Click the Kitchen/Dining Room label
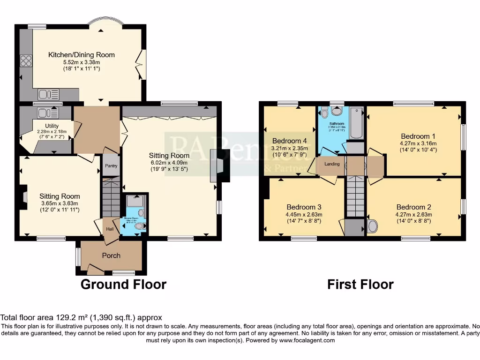click(x=81, y=55)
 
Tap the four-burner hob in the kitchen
click(x=25, y=61)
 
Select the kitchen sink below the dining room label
click(x=48, y=94)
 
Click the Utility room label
click(x=52, y=126)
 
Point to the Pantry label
click(x=111, y=166)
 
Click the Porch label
click(x=111, y=255)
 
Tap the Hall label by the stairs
click(x=109, y=229)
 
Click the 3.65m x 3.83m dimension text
click(x=59, y=203)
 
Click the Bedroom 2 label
click(x=414, y=207)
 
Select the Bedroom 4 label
click(x=290, y=141)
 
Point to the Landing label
click(x=332, y=164)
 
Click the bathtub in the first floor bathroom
click(x=357, y=123)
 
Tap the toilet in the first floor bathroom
click(x=336, y=112)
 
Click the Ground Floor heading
click(x=123, y=284)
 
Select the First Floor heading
click(x=360, y=284)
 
